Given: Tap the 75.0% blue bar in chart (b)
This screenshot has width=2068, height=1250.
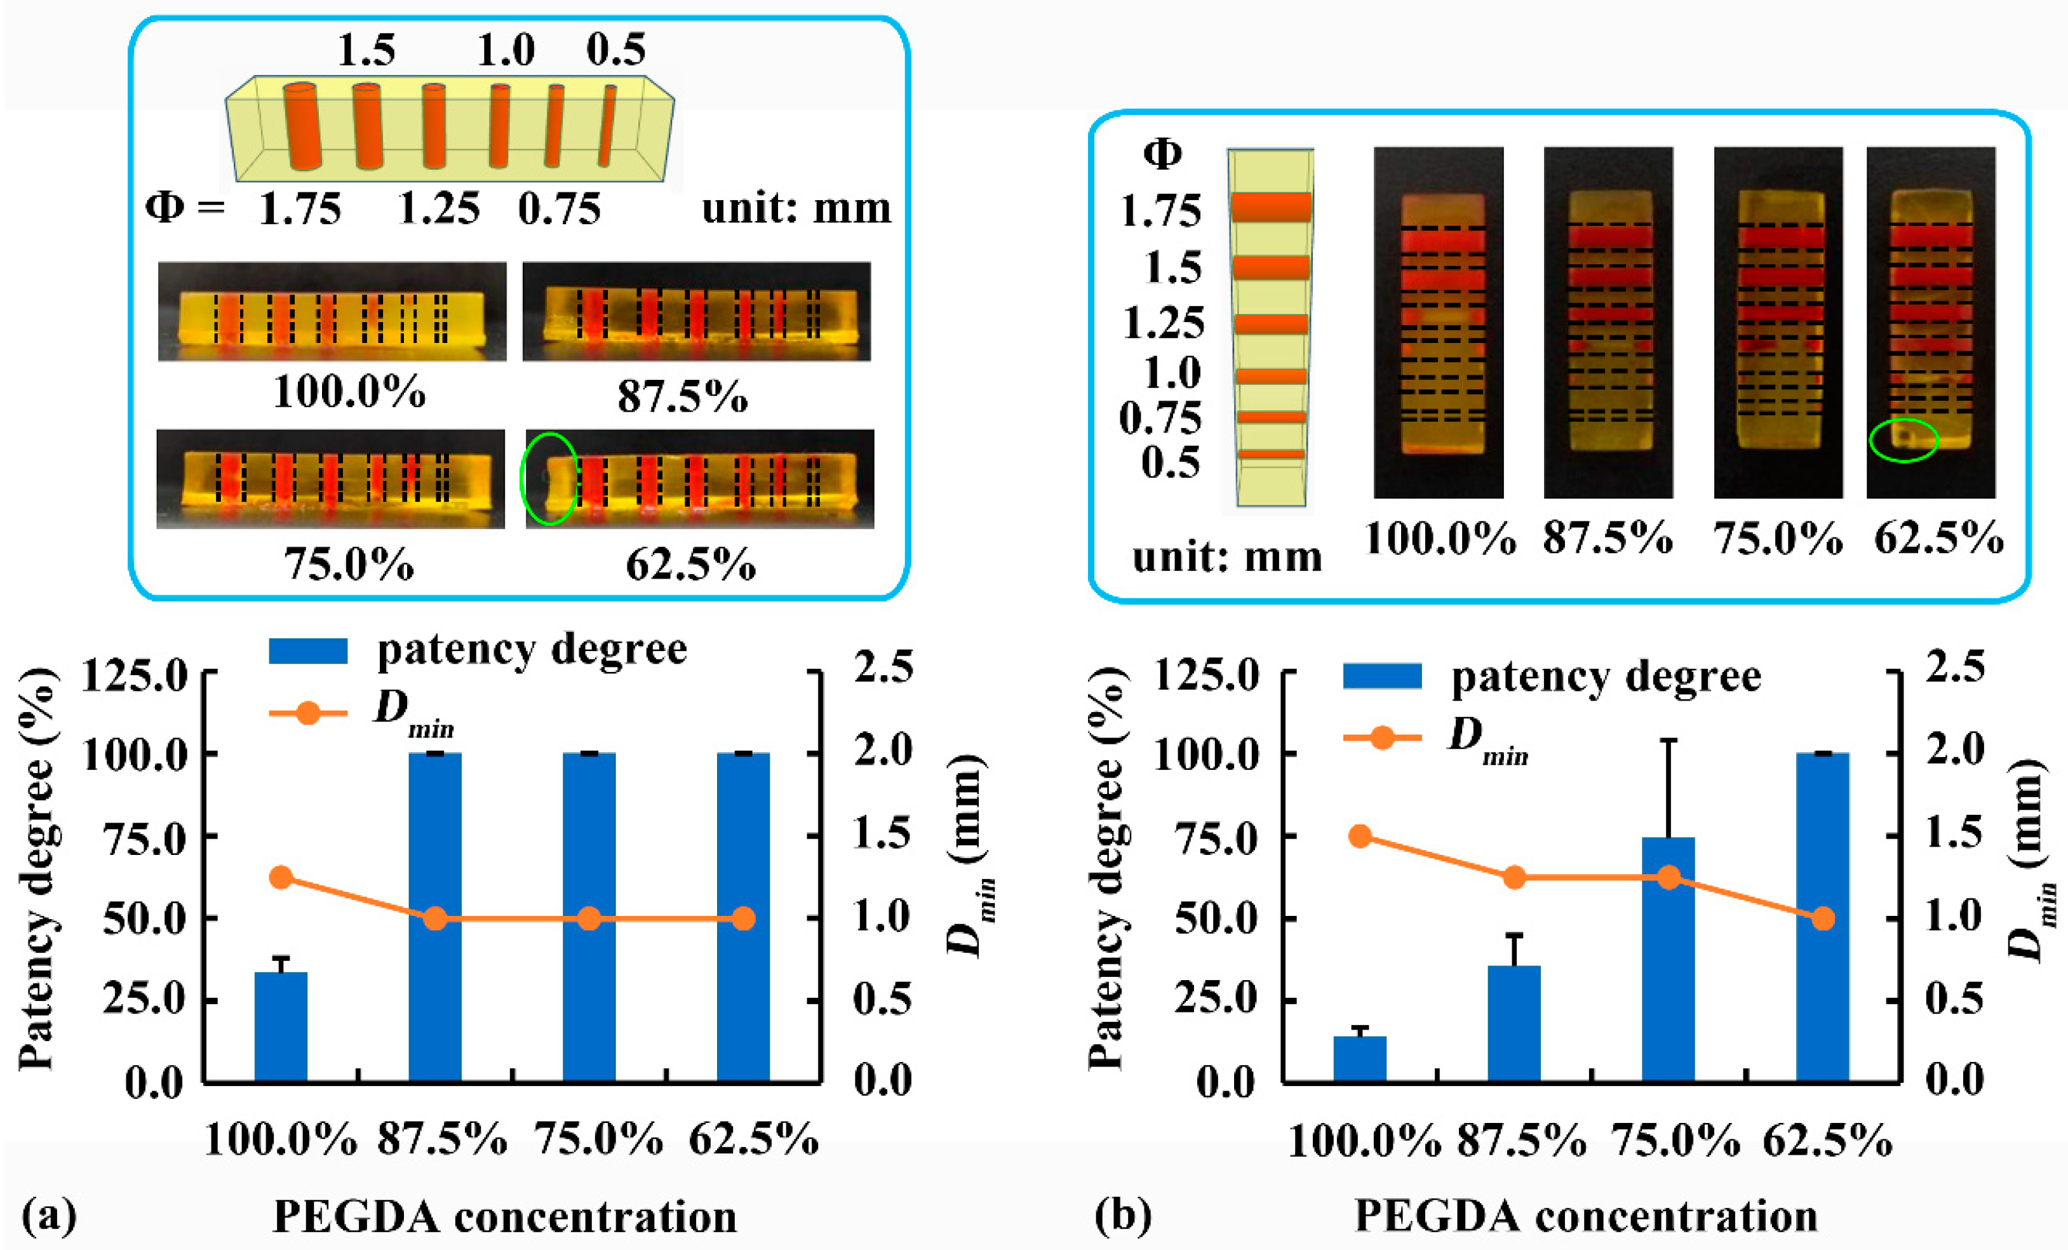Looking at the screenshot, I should click(x=1668, y=957).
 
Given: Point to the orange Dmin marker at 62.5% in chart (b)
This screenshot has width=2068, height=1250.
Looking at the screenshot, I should click(x=1822, y=918).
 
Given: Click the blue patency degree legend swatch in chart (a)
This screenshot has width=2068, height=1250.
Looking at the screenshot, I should click(x=307, y=650).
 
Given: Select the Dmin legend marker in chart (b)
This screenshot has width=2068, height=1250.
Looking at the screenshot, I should click(x=1382, y=738).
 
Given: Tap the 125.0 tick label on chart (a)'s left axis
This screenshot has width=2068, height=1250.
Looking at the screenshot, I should click(x=133, y=674).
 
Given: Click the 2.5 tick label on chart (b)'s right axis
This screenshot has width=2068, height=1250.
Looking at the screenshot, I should click(x=1955, y=668).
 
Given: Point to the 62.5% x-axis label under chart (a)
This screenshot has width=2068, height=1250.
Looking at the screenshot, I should click(x=753, y=1139).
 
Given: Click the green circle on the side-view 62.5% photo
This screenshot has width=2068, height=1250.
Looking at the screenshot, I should click(x=549, y=478).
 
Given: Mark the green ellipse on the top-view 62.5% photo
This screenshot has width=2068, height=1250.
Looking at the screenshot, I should click(x=1903, y=439).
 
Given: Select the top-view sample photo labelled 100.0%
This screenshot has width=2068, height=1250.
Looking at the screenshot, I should click(x=1439, y=323).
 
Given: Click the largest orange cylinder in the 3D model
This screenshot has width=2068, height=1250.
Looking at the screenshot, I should click(x=302, y=126).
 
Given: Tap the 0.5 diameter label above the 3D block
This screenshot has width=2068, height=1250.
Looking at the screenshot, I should click(x=615, y=50).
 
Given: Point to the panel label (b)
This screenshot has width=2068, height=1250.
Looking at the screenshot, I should click(x=1123, y=1214).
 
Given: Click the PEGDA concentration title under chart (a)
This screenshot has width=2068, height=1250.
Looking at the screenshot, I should click(x=504, y=1216).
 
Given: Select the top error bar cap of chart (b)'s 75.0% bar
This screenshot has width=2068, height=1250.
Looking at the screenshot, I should click(x=1668, y=741).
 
